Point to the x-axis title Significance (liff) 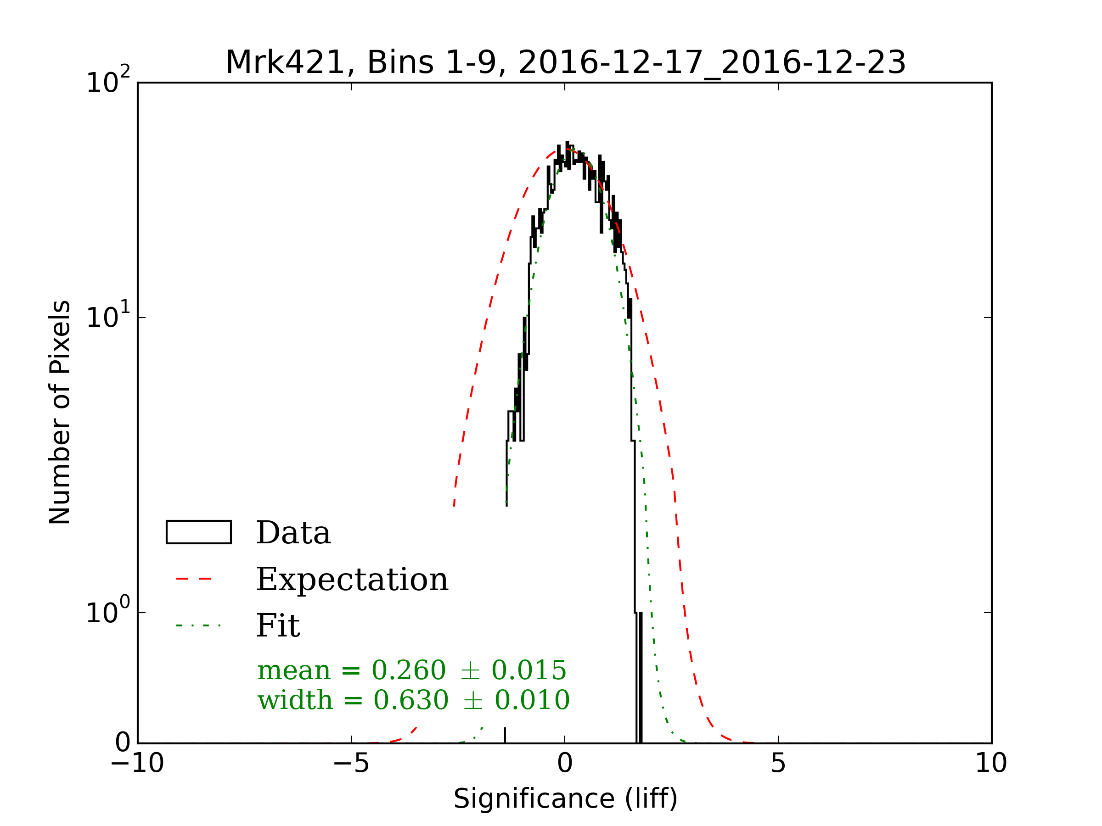tap(565, 798)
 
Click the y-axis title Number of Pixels tap(60, 412)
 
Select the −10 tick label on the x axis tap(137, 763)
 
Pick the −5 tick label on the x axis tap(351, 763)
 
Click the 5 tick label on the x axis tap(778, 763)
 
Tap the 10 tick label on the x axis tap(991, 763)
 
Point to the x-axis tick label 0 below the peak tap(565, 763)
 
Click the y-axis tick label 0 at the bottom tap(123, 743)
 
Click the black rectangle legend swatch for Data tap(198, 532)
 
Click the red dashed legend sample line tap(194, 579)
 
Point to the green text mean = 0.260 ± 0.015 tap(411, 670)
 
